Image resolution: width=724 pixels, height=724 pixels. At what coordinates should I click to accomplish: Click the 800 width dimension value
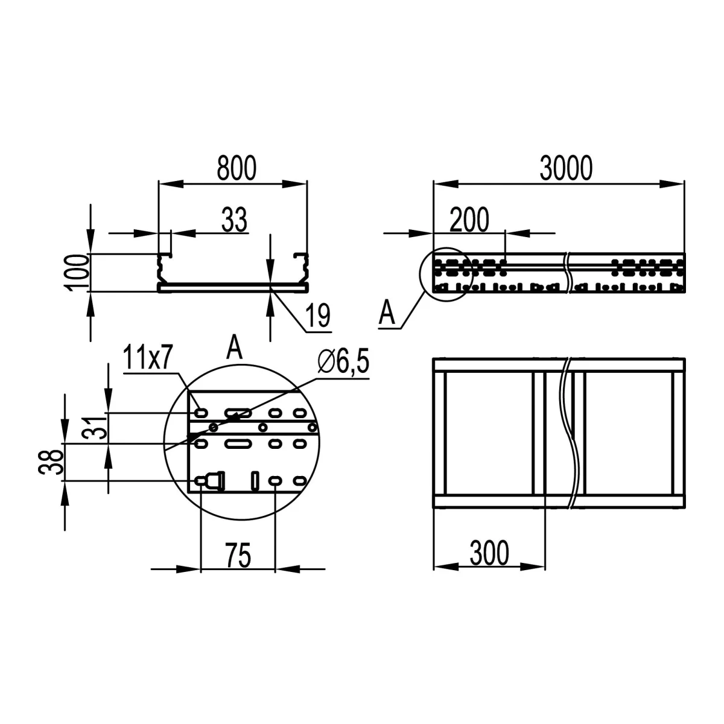click(x=237, y=168)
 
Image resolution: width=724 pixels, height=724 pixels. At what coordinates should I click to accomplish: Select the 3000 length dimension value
click(x=566, y=168)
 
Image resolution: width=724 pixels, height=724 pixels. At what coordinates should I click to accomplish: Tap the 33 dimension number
click(x=235, y=219)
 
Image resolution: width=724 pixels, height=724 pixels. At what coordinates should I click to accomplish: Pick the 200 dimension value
click(x=469, y=220)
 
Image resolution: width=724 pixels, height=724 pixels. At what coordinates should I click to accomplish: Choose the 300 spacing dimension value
click(x=489, y=553)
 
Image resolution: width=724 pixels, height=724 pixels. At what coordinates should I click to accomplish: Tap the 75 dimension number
click(x=238, y=555)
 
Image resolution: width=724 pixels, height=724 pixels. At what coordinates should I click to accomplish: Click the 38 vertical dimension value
click(x=50, y=462)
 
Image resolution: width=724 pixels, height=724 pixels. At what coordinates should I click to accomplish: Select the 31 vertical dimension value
click(x=94, y=428)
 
